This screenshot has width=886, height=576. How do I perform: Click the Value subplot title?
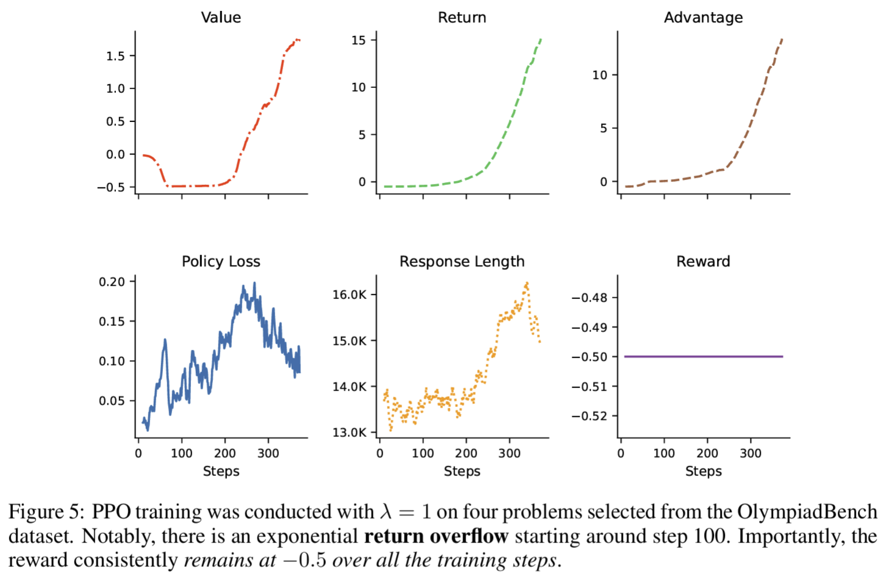(221, 18)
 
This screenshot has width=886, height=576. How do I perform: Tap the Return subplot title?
(462, 18)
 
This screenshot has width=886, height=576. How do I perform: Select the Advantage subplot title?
(703, 18)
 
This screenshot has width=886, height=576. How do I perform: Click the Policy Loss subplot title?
(221, 262)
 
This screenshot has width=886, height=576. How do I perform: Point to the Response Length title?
(462, 262)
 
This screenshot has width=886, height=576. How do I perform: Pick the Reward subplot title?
(703, 262)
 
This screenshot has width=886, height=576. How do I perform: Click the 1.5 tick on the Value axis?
(115, 56)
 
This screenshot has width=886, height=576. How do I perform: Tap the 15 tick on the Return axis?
(359, 40)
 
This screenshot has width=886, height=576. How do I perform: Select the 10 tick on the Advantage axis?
(600, 75)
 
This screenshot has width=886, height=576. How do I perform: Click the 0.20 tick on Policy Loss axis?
(112, 282)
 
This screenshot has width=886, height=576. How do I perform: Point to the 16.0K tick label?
(350, 295)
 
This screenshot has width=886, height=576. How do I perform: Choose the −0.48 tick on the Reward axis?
(589, 298)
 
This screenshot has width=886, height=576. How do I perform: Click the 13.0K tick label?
(350, 433)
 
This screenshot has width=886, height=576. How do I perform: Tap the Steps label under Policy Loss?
(221, 471)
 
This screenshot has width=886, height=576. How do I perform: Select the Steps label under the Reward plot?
(703, 471)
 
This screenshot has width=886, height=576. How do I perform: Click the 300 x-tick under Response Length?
(510, 453)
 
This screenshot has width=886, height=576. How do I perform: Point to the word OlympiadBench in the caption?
(807, 511)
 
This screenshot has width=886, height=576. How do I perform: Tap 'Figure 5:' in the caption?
(46, 511)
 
